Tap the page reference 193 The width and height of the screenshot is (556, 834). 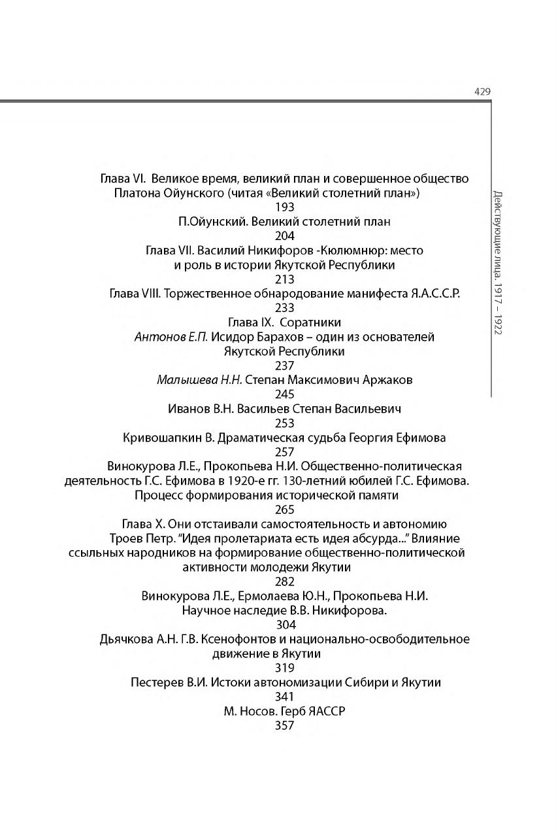click(x=285, y=207)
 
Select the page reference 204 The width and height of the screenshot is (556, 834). click(x=285, y=236)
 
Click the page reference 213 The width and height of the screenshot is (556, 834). click(x=285, y=279)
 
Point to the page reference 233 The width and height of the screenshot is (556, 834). click(x=285, y=308)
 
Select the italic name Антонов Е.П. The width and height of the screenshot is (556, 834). click(x=171, y=337)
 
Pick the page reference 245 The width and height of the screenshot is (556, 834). click(x=285, y=394)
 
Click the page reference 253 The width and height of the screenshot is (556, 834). click(x=285, y=423)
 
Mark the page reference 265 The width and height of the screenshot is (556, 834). click(x=285, y=510)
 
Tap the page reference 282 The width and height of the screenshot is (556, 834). click(x=285, y=582)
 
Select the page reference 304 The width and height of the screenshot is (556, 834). click(x=285, y=625)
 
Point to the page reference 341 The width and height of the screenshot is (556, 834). click(x=285, y=697)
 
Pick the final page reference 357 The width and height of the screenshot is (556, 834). click(x=285, y=725)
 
